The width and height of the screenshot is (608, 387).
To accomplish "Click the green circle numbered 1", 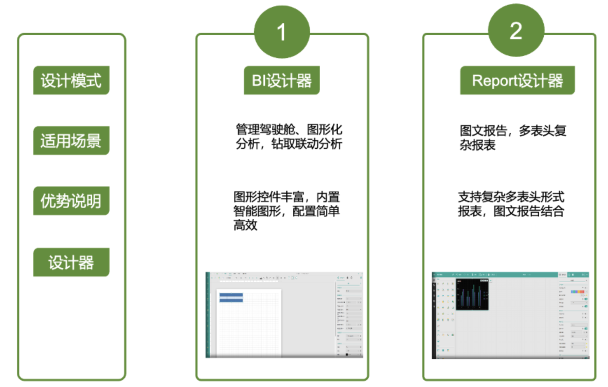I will click(282, 32).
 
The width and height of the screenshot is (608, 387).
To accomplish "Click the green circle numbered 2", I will click(516, 31).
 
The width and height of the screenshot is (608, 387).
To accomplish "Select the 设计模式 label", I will click(71, 80).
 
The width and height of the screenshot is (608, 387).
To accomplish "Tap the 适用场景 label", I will click(71, 141).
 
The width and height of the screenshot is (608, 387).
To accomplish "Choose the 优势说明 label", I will click(71, 201).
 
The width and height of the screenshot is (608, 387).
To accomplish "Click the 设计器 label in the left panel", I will click(71, 262).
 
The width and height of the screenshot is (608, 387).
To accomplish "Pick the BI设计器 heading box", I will click(282, 80).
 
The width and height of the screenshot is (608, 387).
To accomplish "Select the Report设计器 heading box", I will click(517, 80).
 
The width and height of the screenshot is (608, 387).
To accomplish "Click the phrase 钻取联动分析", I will click(307, 144).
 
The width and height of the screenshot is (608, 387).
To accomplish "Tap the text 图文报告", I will click(483, 131).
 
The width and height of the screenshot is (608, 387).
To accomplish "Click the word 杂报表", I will click(477, 145).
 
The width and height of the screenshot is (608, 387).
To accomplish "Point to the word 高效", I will click(245, 225).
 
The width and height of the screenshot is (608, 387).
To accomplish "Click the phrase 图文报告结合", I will click(528, 211).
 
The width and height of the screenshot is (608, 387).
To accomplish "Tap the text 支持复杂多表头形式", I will click(511, 197).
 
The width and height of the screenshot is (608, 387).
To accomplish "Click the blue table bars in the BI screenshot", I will click(231, 297).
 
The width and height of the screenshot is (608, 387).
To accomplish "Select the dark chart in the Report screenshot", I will click(472, 294).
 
